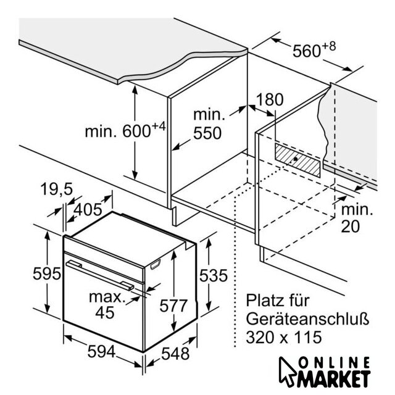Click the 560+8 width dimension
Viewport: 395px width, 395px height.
(x=314, y=50)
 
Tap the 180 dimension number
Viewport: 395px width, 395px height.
(x=270, y=99)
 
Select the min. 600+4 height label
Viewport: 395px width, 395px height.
(x=125, y=130)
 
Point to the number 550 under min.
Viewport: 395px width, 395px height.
(x=207, y=133)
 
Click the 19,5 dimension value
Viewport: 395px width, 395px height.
(x=57, y=189)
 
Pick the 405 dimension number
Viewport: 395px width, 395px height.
(x=88, y=210)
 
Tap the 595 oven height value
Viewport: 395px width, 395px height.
(x=47, y=273)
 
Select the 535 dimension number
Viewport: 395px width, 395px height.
(x=214, y=275)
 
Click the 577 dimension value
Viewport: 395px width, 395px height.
(x=173, y=306)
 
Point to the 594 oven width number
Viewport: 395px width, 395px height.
(x=101, y=351)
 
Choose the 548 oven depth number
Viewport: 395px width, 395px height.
(x=175, y=354)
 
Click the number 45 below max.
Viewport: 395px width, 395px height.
(x=105, y=313)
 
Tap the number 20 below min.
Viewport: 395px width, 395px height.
(x=350, y=227)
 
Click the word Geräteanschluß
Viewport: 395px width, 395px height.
(x=307, y=319)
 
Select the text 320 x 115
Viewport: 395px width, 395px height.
(x=284, y=338)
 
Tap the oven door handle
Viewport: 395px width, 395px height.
(x=100, y=276)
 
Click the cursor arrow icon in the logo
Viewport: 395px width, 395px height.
(x=287, y=371)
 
